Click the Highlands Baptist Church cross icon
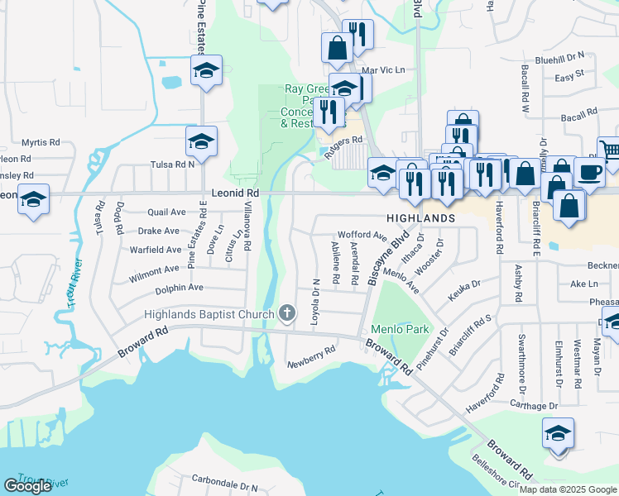[x=286, y=312]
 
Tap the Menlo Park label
[x=401, y=329]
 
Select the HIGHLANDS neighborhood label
[x=419, y=217]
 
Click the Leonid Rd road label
[x=236, y=193]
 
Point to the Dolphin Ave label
[x=179, y=288]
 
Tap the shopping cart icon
[x=610, y=150]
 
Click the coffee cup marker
[x=589, y=172]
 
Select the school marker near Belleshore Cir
[x=558, y=434]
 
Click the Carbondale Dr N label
[x=225, y=479]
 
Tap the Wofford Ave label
[x=362, y=236]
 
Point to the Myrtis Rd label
[x=41, y=142]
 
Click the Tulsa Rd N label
[x=171, y=164]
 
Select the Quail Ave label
[x=166, y=212]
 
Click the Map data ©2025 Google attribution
[x=569, y=489]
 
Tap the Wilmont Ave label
[x=154, y=269]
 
